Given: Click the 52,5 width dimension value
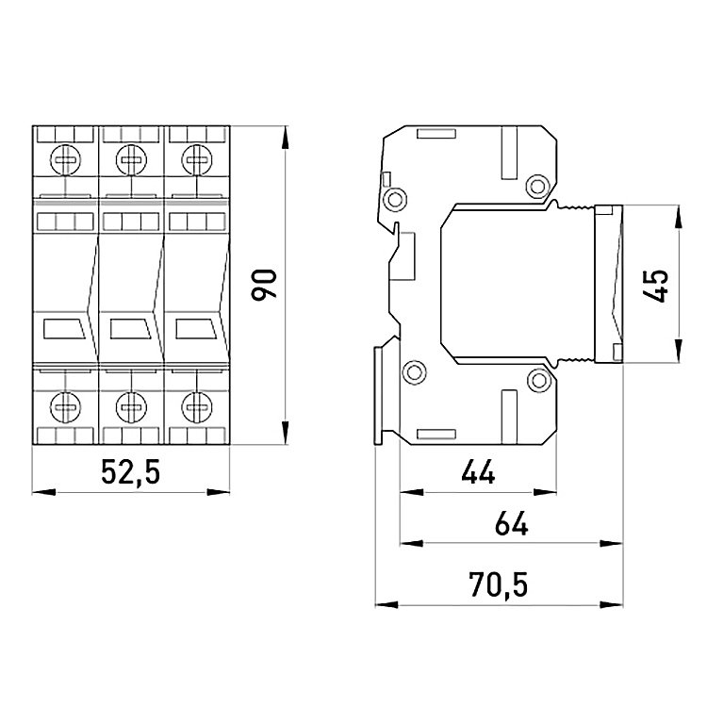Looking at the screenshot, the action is (x=130, y=471).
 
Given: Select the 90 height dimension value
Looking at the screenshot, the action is (x=264, y=285).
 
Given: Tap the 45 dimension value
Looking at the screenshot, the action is (x=655, y=286).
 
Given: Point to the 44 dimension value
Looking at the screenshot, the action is (x=478, y=472).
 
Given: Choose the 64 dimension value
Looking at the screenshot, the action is (x=511, y=523).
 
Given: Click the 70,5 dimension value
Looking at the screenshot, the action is (x=499, y=584).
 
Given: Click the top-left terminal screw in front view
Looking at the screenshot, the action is (x=66, y=159).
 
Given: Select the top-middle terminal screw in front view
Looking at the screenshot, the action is (x=131, y=159).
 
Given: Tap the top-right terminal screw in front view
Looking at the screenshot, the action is (x=197, y=159).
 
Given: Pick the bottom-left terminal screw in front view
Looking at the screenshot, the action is (x=66, y=407).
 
